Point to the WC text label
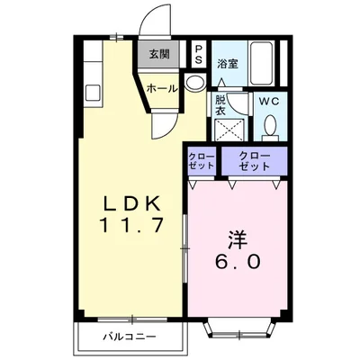pyautogui.click(x=269, y=102)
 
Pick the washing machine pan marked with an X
pyautogui.click(x=229, y=130)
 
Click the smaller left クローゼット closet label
pyautogui.click(x=200, y=162)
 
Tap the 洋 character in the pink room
pyautogui.click(x=237, y=240)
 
